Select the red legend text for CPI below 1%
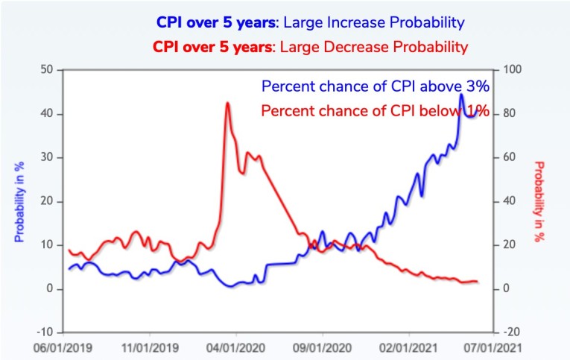click(375, 111)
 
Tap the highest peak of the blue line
click(462, 95)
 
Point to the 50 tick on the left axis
click(48, 70)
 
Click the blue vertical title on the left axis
click(20, 201)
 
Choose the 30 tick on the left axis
click(48, 157)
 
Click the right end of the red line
click(477, 281)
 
